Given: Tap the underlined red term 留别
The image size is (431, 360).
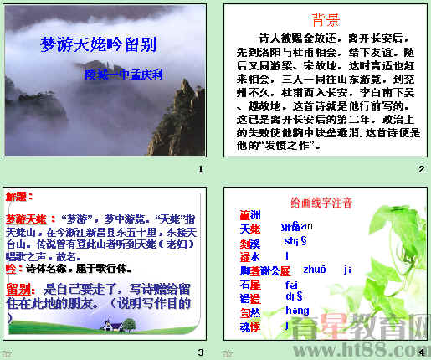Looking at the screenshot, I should point(20,290).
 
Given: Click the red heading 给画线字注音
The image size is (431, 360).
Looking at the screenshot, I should point(321,203).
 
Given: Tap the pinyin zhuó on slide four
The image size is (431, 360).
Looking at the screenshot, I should point(315,270).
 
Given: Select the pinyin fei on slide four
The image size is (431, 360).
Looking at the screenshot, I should point(291,284).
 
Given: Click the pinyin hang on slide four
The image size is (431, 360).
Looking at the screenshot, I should point(297,311).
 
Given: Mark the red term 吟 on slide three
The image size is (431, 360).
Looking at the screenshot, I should point(10,268).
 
